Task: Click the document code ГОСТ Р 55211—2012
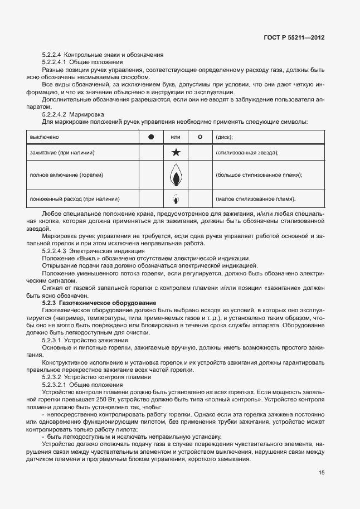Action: tap(294, 37)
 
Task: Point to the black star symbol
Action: tap(175, 152)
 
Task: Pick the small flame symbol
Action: tap(175, 198)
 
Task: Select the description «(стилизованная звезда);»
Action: tap(247, 152)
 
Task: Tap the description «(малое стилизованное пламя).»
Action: tap(255, 198)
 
